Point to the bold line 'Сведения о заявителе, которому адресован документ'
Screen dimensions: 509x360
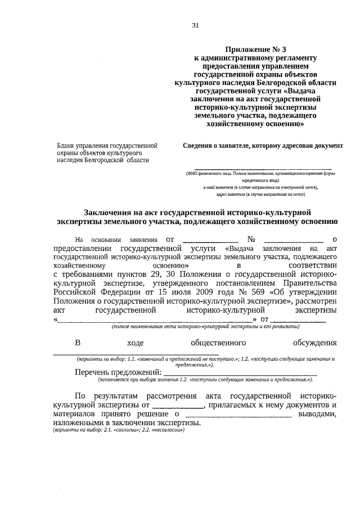coord(263,145)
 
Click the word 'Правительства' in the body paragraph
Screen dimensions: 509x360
coord(310,283)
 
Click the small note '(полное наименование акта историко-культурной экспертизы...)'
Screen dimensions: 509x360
coord(205,326)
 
